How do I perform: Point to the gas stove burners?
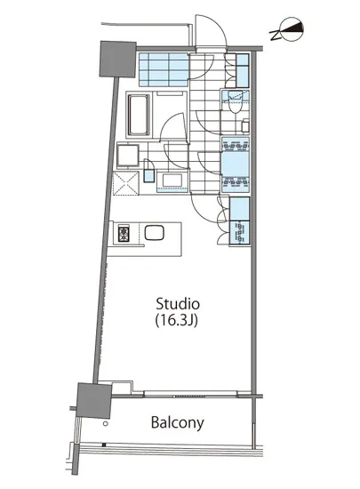(x=123, y=236)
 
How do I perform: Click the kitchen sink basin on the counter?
(x=156, y=235)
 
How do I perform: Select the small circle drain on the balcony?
(x=105, y=445)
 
